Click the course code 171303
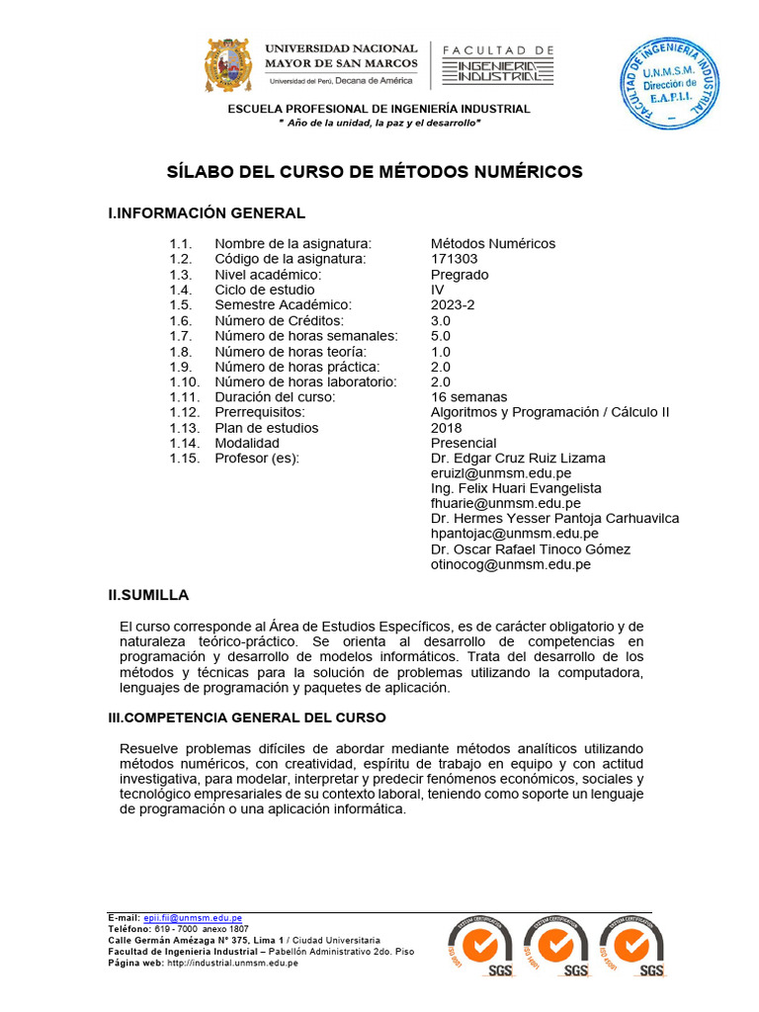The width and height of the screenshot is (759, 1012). pyautogui.click(x=454, y=259)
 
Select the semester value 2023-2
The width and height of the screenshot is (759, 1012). pyautogui.click(x=453, y=305)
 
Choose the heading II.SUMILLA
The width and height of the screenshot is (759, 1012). pyautogui.click(x=148, y=595)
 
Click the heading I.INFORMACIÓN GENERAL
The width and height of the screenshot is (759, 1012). pyautogui.click(x=207, y=213)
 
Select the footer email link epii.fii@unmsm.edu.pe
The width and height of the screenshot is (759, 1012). pyautogui.click(x=193, y=918)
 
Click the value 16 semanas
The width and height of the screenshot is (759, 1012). pyautogui.click(x=468, y=397)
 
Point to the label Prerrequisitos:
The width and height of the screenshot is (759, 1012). pyautogui.click(x=260, y=412)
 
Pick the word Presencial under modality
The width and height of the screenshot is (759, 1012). pyautogui.click(x=464, y=443)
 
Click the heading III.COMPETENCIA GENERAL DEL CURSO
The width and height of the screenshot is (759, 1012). pyautogui.click(x=247, y=717)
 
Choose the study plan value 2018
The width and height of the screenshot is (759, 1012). pyautogui.click(x=447, y=428)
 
